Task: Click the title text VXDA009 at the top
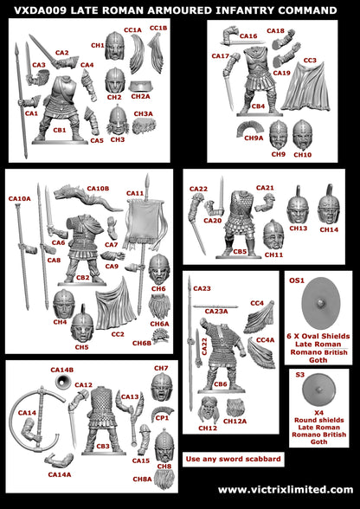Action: click(44, 10)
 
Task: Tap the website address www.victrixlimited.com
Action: click(286, 490)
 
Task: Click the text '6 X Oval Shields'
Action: click(316, 335)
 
